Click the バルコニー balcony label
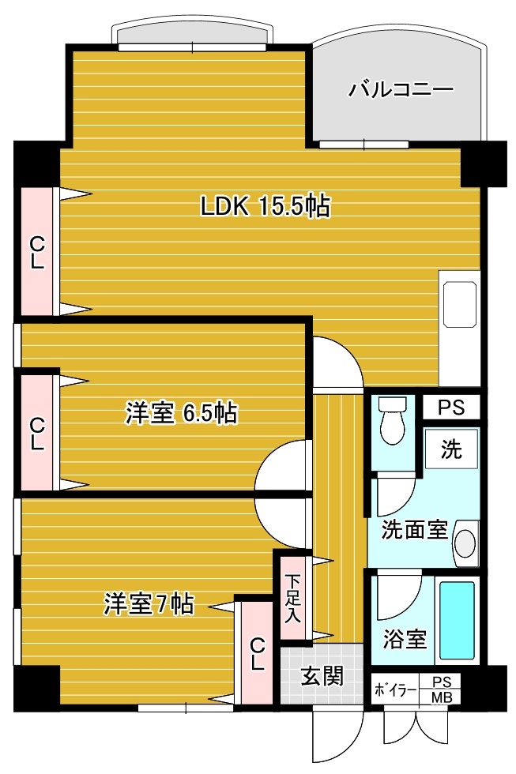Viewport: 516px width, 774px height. [401, 90]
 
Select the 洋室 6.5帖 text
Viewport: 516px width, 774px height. [181, 413]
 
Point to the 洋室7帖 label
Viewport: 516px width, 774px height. [149, 603]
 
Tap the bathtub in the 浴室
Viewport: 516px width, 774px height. [457, 621]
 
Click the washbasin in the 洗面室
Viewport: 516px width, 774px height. [465, 543]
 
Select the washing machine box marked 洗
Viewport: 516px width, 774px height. [451, 449]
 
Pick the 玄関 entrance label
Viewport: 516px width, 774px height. [322, 676]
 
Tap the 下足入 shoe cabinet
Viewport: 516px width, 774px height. [293, 599]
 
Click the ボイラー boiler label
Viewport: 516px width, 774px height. [395, 689]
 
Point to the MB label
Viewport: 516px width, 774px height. [442, 697]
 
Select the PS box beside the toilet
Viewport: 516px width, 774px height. [452, 408]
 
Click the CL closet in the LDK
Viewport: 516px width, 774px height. [36, 252]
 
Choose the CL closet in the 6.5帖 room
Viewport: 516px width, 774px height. [36, 433]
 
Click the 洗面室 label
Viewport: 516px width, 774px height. [414, 530]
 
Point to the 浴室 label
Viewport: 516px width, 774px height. [405, 639]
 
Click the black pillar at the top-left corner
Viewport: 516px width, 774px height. [36, 163]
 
